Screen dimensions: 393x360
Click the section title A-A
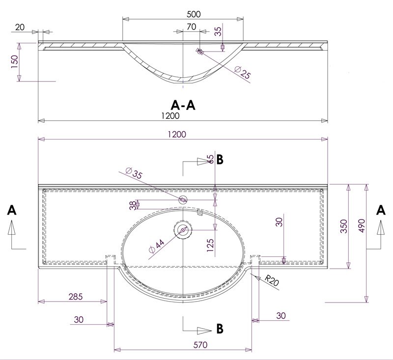pos(183,105)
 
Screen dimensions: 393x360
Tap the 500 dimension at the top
pos(194,14)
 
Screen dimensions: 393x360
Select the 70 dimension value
pos(192,27)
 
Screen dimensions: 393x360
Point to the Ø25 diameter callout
pos(243,72)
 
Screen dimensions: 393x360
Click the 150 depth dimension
pos(15,62)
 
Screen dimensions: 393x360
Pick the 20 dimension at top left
pos(20,27)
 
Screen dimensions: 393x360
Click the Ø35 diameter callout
pos(134,172)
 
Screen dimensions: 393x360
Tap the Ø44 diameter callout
pos(156,246)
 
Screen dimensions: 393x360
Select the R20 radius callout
pos(272,280)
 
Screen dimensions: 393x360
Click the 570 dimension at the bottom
pos(200,345)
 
